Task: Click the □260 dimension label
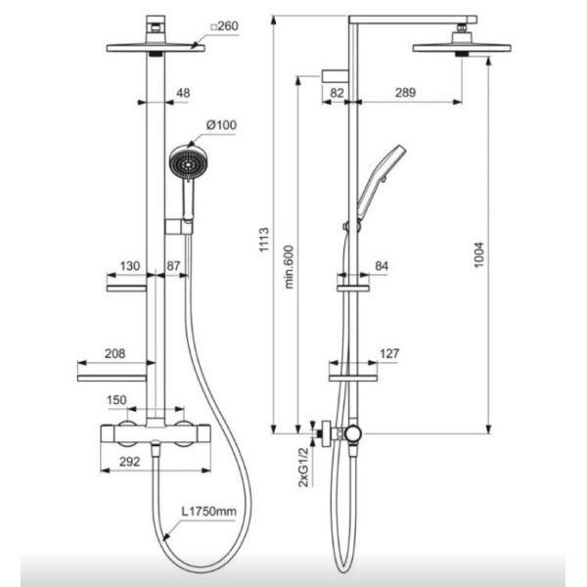224,26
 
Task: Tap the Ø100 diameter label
222,124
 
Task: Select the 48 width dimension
183,93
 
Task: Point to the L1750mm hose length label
209,511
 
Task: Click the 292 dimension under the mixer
129,462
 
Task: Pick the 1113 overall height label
264,240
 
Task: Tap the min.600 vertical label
289,267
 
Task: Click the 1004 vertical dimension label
478,255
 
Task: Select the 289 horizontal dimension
405,93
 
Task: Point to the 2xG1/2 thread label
304,468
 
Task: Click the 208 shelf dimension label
114,353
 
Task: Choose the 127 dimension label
389,353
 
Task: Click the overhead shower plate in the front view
156,48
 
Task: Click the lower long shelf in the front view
112,378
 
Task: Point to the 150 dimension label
116,400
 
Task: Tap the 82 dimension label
337,93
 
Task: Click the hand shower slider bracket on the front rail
179,227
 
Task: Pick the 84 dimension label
382,266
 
